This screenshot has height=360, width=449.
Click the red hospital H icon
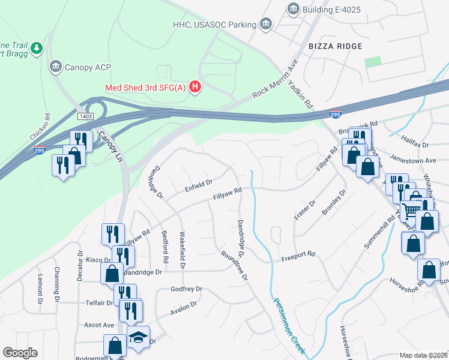pos(195,88)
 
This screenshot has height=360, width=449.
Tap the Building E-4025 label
pos(333,8)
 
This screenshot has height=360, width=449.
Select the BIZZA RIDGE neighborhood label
pos(336,46)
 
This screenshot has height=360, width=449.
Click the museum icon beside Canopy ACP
pos(55,65)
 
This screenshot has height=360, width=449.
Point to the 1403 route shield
pos(85,115)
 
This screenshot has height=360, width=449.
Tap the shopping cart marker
pos(411,211)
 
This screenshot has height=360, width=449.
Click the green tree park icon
pos(37,47)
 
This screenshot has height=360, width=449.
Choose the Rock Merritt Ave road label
pos(276,79)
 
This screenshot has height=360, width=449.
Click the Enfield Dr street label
pos(199,185)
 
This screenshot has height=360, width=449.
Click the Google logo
pos(20,353)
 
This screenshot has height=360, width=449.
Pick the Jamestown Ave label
pos(412,161)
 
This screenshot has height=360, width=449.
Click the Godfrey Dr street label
pos(186,289)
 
